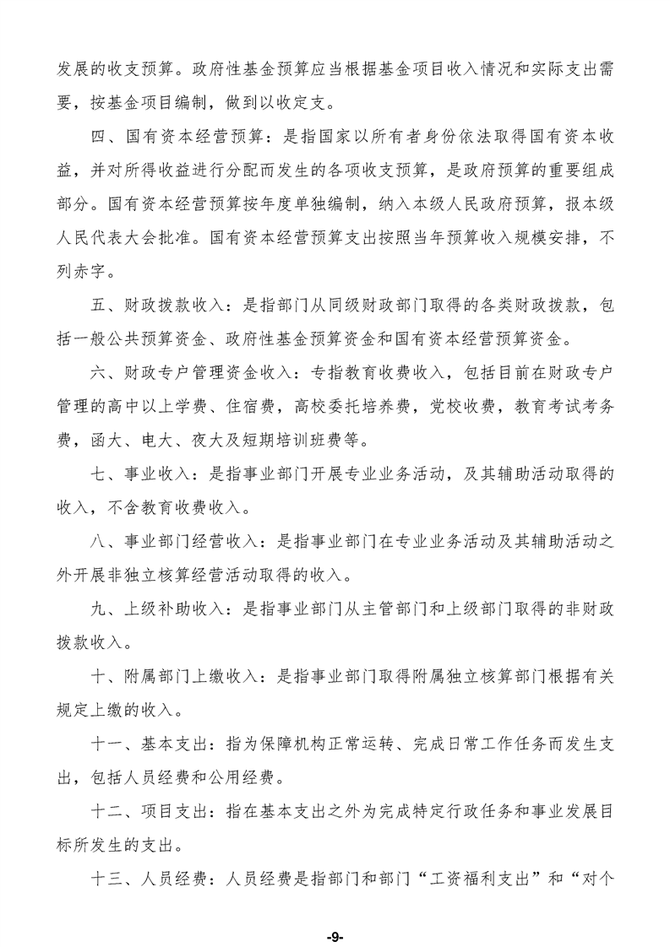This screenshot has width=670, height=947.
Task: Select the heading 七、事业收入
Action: click(137, 474)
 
